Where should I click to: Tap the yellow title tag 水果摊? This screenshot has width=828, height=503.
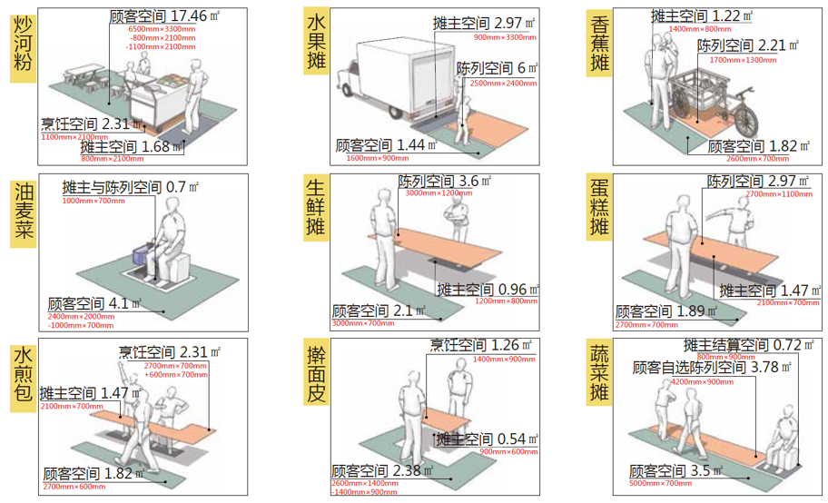(316, 44)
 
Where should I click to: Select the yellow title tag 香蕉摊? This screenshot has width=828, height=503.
(600, 44)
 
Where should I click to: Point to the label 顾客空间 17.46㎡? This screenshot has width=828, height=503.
(163, 16)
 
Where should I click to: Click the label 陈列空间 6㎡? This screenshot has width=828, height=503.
(497, 69)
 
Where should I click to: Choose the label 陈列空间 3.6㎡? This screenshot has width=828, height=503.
(444, 181)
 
